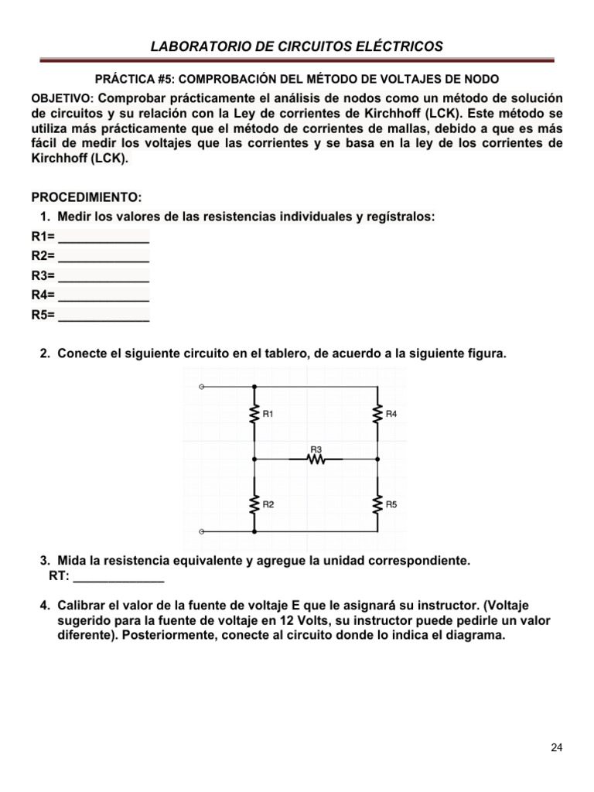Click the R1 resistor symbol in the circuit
[254, 415]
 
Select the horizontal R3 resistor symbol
[316, 459]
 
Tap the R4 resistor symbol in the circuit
[377, 415]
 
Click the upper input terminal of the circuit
[202, 385]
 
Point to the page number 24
[557, 747]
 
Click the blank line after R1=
[104, 238]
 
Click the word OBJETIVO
[61, 99]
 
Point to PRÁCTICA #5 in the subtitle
[127, 80]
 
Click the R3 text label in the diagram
[316, 449]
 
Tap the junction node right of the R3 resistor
[377, 459]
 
